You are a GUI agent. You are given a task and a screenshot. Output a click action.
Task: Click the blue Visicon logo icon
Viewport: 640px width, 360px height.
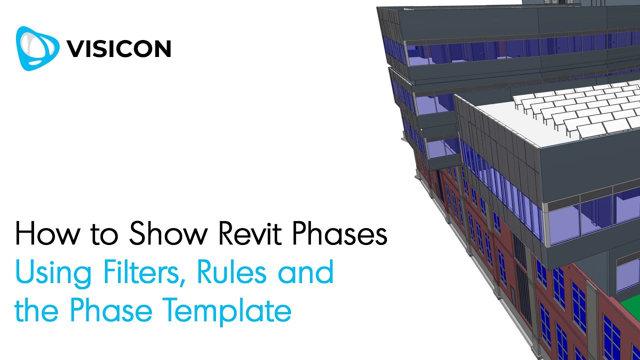click(37, 48)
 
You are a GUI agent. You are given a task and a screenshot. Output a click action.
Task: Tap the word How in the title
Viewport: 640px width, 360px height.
click(43, 234)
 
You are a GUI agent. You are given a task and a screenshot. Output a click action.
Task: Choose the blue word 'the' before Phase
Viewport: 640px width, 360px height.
click(39, 311)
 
